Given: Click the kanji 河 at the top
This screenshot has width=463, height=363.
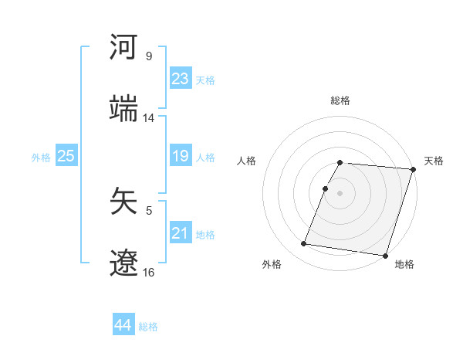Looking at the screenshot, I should [x=124, y=48].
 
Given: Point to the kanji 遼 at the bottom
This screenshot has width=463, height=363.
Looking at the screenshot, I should [x=124, y=263].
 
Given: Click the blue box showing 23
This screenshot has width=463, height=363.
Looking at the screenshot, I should [x=181, y=78].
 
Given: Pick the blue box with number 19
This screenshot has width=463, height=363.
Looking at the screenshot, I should [x=181, y=156].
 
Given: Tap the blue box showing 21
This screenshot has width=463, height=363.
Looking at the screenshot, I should [x=181, y=232].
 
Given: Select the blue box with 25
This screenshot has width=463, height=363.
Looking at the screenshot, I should [x=66, y=156].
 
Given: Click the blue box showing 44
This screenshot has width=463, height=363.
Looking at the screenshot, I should [x=123, y=325].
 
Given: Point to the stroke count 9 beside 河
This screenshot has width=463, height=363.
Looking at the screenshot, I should [x=149, y=56].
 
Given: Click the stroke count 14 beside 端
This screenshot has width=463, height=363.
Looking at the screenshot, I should [x=149, y=118].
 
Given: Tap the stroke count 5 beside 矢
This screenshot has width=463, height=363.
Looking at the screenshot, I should [x=149, y=209].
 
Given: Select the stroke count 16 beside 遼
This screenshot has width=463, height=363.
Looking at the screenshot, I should [x=149, y=272].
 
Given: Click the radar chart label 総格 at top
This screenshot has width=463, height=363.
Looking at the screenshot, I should [x=340, y=100].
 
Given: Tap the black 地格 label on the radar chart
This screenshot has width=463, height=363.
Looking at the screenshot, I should [x=404, y=264].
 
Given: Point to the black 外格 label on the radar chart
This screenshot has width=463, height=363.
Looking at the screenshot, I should [x=272, y=264].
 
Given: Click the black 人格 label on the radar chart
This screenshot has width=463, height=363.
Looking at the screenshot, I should [x=247, y=161].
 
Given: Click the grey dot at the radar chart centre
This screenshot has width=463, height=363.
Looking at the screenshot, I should [x=340, y=192].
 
